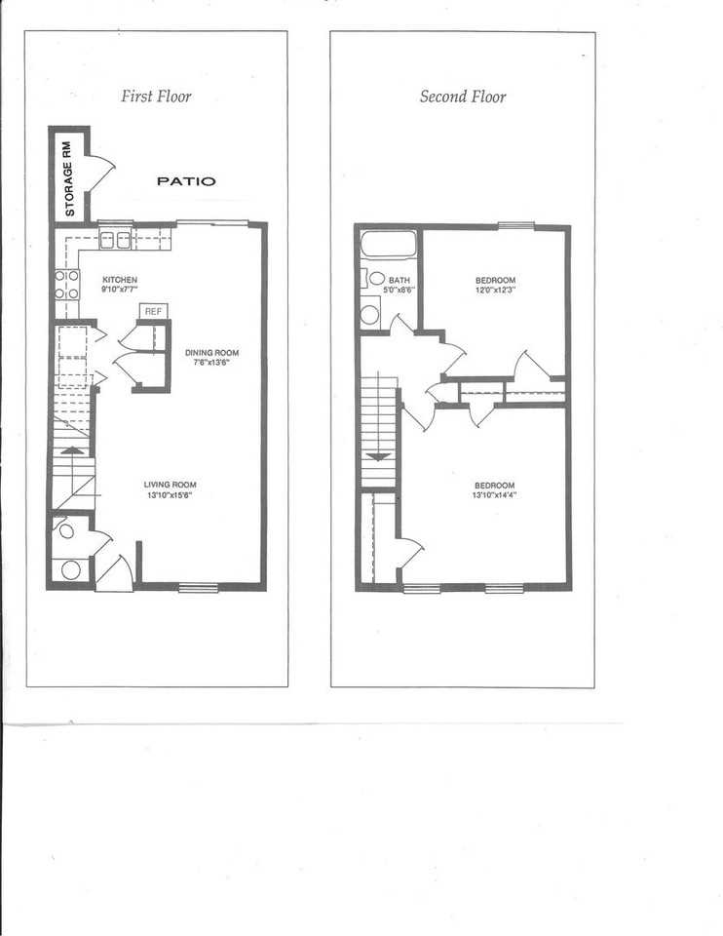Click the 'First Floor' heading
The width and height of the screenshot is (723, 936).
[x=156, y=96]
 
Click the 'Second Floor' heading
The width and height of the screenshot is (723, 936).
[x=463, y=96]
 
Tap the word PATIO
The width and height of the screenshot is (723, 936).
[x=187, y=181]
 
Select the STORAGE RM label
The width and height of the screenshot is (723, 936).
[x=69, y=176]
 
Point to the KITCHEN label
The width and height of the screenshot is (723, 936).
[x=120, y=279]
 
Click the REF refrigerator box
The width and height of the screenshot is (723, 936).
[x=153, y=311]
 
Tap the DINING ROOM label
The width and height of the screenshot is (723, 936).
[x=211, y=353]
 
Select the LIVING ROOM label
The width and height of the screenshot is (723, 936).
[x=171, y=485]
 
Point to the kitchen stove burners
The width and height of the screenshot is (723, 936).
[x=66, y=284]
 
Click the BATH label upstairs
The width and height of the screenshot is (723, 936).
[x=399, y=279]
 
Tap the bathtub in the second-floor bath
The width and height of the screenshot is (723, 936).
[x=388, y=244]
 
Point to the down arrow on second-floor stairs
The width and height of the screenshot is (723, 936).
[x=379, y=454]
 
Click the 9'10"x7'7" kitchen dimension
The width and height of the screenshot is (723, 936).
[x=120, y=289]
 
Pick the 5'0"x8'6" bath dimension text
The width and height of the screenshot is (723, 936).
[x=399, y=289]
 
